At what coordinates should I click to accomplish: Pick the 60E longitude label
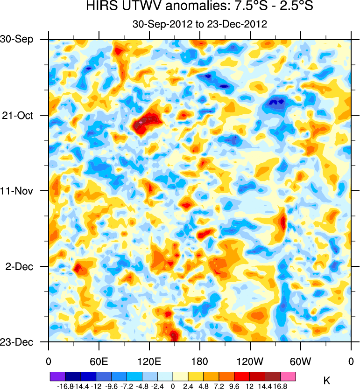pyautogui.click(x=99, y=362)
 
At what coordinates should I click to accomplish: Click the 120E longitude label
pyautogui.click(x=149, y=362)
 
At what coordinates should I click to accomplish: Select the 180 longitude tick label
pyautogui.click(x=199, y=362)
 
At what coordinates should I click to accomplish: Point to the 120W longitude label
pyautogui.click(x=250, y=362)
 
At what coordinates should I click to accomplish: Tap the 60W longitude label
pyautogui.click(x=300, y=362)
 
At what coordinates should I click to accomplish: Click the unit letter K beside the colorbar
pyautogui.click(x=326, y=381)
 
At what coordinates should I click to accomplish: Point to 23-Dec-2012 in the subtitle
pyautogui.click(x=241, y=24)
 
